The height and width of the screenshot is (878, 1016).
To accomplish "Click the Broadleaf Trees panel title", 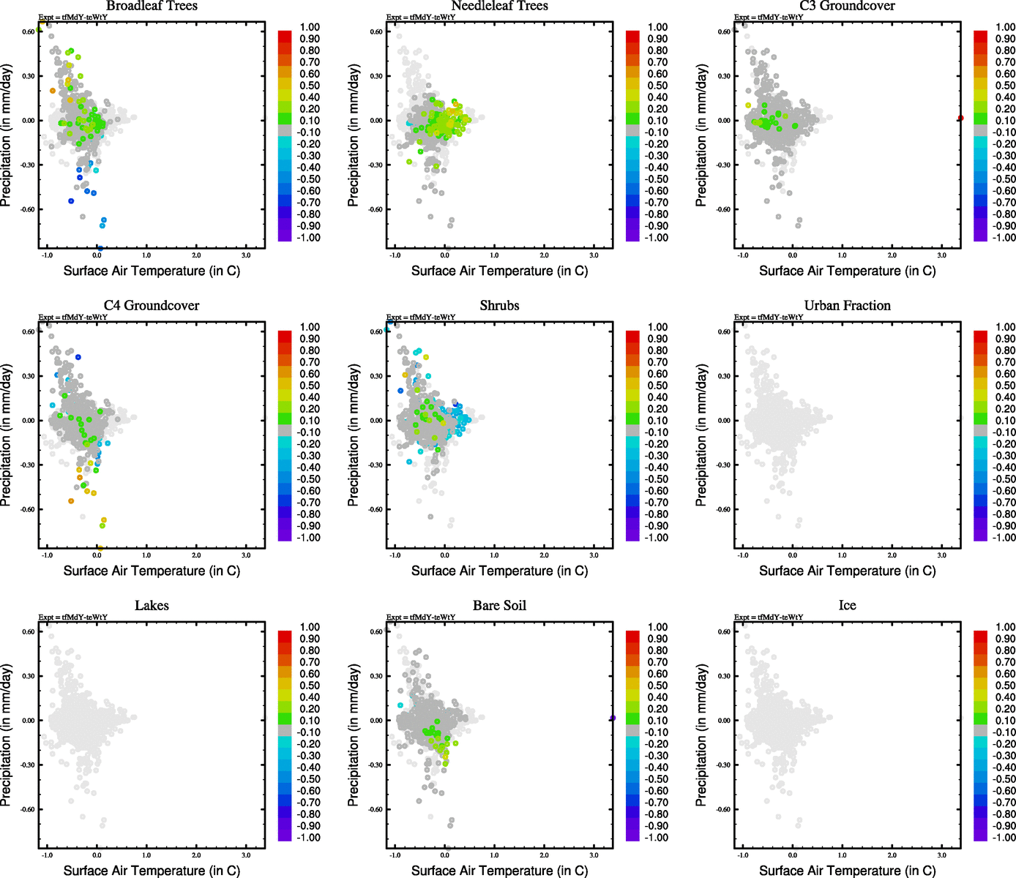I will [x=152, y=6].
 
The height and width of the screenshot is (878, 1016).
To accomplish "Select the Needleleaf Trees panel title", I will [x=499, y=6].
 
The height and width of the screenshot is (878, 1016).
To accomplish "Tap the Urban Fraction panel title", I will [x=847, y=306].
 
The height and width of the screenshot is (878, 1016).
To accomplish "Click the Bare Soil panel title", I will [x=499, y=606].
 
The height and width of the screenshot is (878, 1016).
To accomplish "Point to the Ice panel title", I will [x=847, y=606].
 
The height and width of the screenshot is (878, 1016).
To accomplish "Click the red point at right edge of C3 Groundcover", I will [x=960, y=118].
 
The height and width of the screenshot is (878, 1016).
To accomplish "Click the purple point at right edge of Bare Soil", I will [x=613, y=718].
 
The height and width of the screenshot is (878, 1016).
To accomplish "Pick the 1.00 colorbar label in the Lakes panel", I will [x=310, y=627].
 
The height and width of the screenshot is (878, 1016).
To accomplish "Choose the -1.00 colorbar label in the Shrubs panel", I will [x=657, y=538].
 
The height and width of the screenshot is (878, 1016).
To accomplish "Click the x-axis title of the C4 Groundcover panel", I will [x=152, y=571].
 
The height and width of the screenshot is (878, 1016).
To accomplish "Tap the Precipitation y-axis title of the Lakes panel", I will [x=7, y=735].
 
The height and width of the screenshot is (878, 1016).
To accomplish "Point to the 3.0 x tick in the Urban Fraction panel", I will [x=942, y=555].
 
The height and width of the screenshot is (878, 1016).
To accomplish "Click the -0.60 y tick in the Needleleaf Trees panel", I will [x=376, y=209].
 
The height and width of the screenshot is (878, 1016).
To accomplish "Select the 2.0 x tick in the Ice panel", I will [x=892, y=855].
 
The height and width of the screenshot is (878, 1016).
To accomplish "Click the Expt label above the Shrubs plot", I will [x=421, y=318].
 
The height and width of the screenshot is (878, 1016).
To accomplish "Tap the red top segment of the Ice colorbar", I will [x=980, y=637].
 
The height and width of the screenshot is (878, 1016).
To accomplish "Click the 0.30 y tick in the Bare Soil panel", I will [x=376, y=676].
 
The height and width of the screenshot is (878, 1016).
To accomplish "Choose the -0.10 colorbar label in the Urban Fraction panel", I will [x=1005, y=432].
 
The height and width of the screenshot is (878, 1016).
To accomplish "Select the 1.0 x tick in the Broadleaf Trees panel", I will [x=146, y=255].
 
